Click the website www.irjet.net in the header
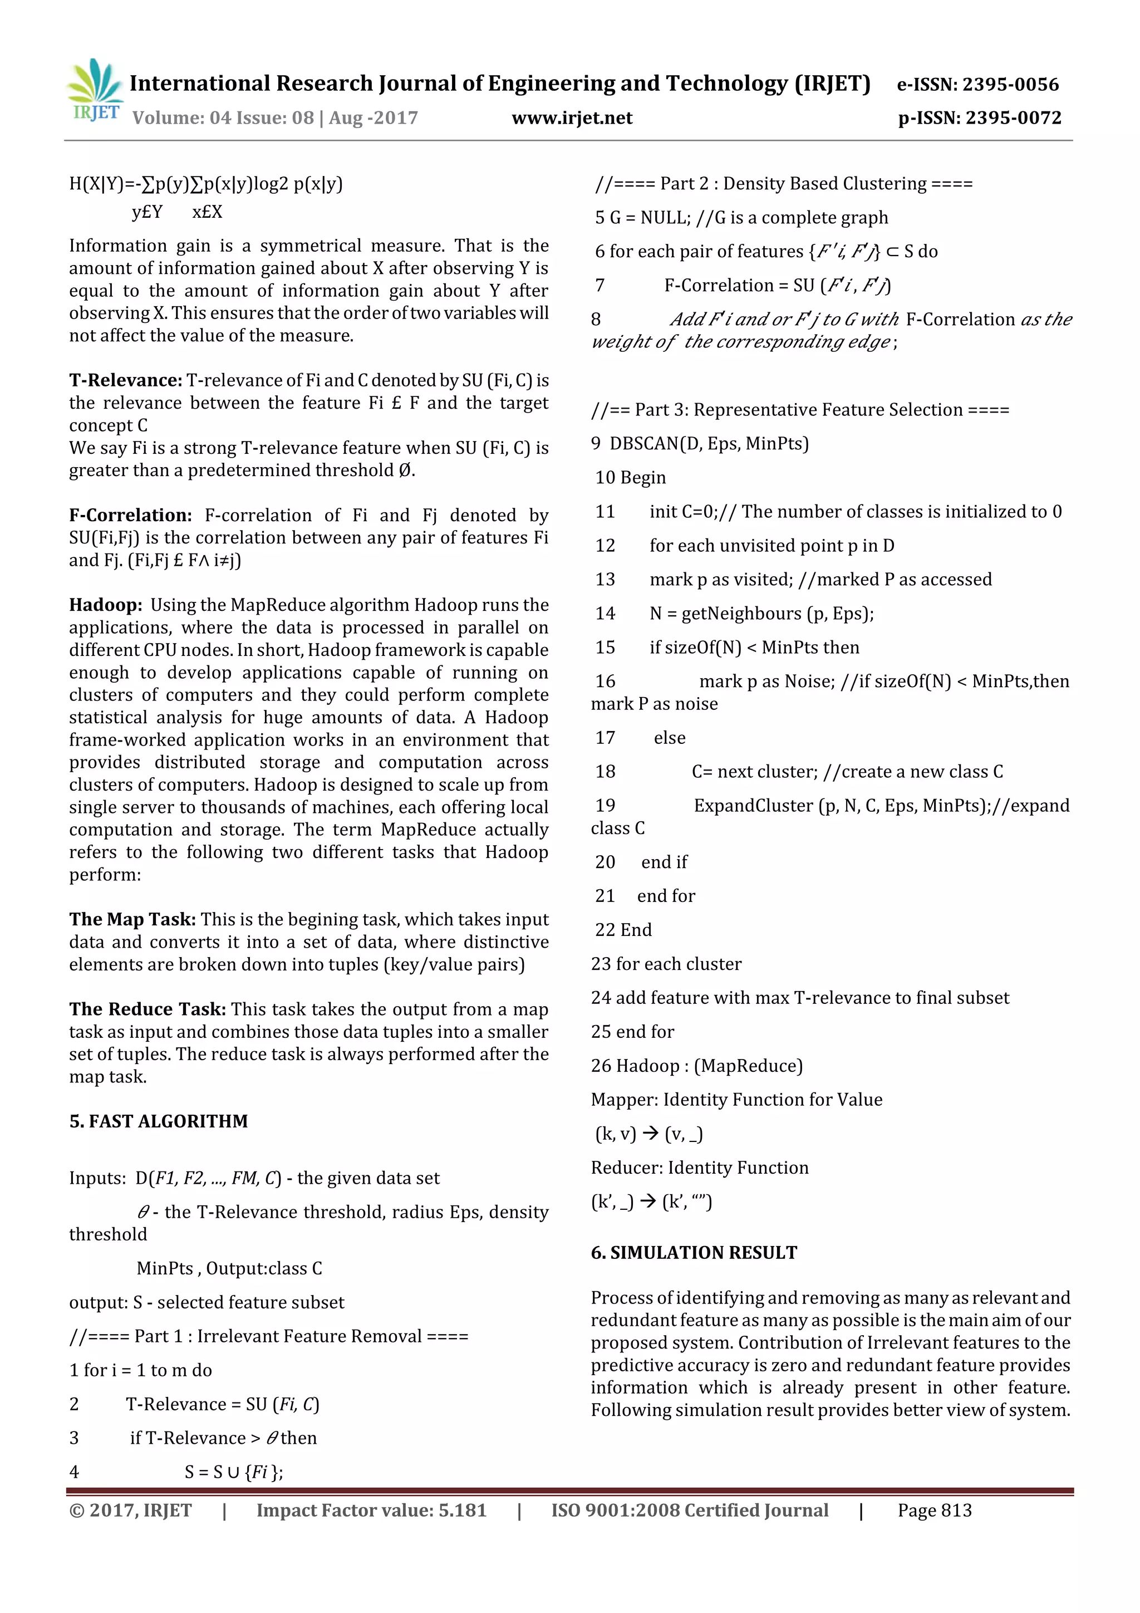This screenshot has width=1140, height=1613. [x=572, y=118]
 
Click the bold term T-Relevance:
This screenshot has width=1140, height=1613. [x=126, y=380]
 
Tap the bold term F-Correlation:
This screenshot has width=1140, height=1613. [x=130, y=515]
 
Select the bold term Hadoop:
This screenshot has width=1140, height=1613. [x=105, y=605]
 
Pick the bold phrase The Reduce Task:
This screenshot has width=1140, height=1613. [x=148, y=1009]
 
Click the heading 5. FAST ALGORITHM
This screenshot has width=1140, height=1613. [x=158, y=1121]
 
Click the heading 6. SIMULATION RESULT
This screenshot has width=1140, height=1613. [x=694, y=1253]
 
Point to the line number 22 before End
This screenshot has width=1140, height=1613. [x=605, y=929]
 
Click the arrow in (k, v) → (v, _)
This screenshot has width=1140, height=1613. [x=650, y=1133]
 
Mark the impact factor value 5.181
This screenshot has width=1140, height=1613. [x=462, y=1511]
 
